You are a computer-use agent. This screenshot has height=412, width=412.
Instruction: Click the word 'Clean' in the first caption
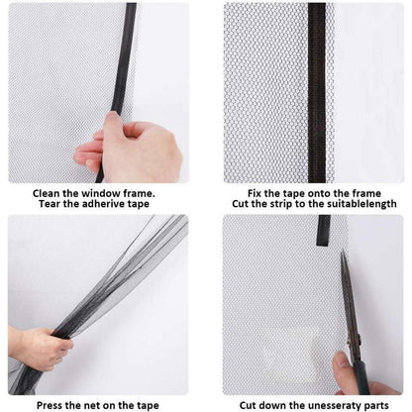47,193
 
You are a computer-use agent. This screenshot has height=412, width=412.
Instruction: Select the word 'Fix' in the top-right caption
255,193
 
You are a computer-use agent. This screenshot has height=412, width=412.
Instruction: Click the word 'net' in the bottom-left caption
93,405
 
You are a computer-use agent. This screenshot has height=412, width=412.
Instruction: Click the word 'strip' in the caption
281,204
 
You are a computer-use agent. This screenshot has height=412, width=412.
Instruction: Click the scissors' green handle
363,376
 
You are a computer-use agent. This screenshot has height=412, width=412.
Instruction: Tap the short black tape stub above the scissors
324,231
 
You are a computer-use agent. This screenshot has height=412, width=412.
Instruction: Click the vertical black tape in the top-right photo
317,93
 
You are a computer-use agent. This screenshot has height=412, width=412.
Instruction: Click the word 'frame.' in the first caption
139,193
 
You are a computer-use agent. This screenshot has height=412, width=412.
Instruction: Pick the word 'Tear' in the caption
50,204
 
